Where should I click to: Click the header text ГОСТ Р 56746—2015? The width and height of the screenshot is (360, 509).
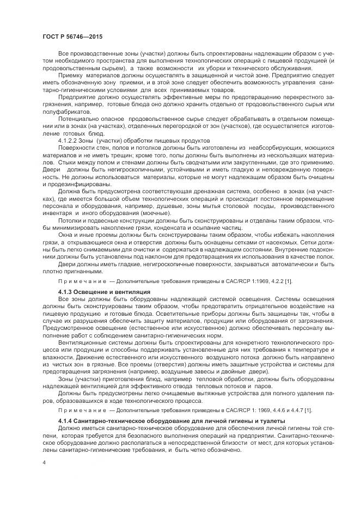coord(72,37)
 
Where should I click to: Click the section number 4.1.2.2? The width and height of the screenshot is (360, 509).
coord(69,140)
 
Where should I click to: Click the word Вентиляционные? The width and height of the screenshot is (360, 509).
coord(82,344)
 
